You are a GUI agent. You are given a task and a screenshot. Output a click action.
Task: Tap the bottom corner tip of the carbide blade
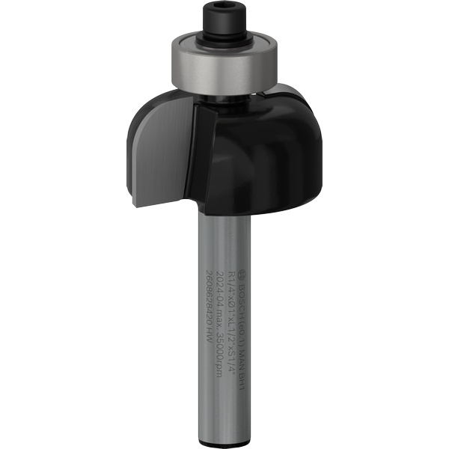[x=135, y=204]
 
